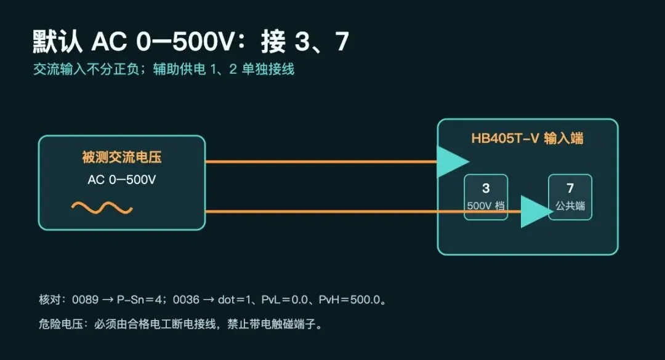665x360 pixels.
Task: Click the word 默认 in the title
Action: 58,42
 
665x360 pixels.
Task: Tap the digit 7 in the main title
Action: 342,42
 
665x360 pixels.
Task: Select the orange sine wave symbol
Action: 102,208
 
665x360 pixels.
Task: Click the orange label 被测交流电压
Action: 122,158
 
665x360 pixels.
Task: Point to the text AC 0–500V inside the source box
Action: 122,180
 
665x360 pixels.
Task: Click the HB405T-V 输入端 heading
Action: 527,138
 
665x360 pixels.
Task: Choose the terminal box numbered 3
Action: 486,197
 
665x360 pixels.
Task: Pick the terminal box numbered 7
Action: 570,197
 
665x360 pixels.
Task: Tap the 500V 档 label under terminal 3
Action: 486,206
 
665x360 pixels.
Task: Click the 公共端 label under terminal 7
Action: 570,206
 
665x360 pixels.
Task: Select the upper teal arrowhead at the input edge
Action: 450,162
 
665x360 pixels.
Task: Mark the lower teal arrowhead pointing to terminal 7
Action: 535,211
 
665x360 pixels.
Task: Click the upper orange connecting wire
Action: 321,162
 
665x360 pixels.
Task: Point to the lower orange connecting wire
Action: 363,211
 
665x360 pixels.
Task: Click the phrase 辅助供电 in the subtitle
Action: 179,69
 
